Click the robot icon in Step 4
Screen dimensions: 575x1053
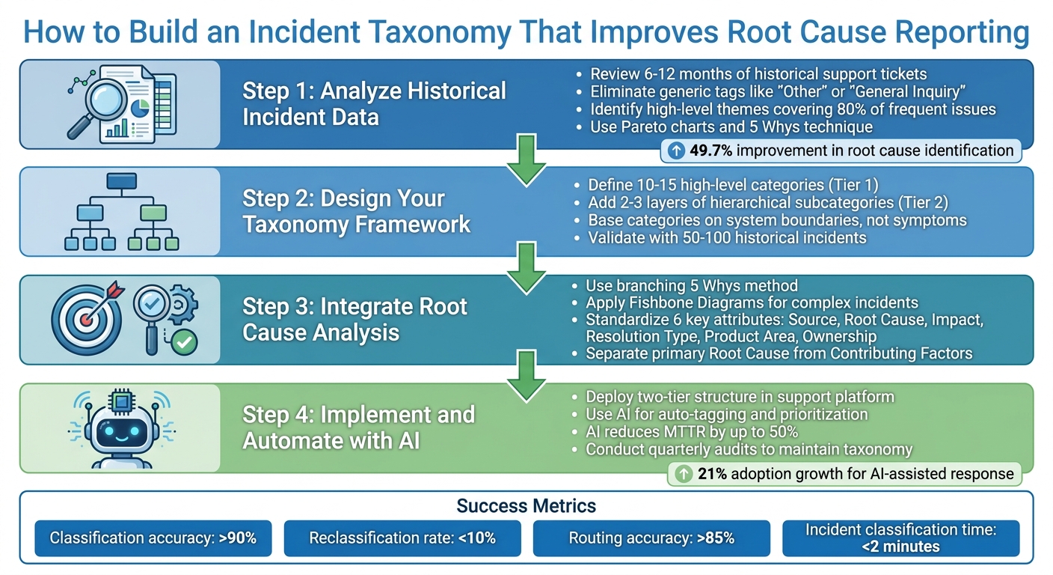tap(120, 429)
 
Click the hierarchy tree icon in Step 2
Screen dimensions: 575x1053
tap(120, 212)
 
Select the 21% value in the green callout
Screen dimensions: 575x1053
tap(712, 473)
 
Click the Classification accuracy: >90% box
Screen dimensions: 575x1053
tap(153, 538)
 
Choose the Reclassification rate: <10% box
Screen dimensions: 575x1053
tap(402, 538)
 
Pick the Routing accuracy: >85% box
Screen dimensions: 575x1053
tap(651, 538)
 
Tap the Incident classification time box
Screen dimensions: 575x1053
tap(900, 538)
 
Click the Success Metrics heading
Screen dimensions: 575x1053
tap(526, 506)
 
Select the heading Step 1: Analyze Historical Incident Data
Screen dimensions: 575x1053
tap(374, 104)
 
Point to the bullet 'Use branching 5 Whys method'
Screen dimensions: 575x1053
tap(691, 285)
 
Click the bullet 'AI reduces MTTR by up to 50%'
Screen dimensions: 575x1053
tap(691, 432)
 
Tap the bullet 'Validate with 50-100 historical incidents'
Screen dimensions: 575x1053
tap(726, 238)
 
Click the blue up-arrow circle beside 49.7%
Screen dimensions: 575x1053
tap(675, 150)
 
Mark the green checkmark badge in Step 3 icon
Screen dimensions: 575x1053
tap(182, 344)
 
